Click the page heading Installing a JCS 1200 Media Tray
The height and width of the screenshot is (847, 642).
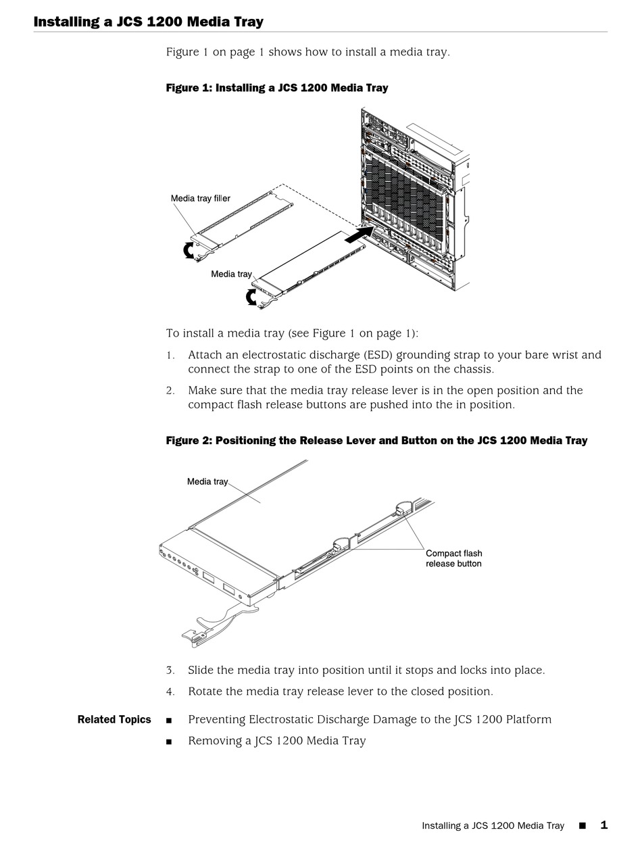pyautogui.click(x=148, y=22)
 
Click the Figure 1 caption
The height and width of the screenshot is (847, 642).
pyautogui.click(x=276, y=88)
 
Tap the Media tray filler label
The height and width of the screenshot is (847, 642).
pyautogui.click(x=200, y=199)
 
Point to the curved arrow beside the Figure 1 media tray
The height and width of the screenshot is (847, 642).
pyautogui.click(x=251, y=297)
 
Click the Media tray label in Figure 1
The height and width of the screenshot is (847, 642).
pyautogui.click(x=230, y=274)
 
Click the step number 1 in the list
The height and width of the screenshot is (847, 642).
pyautogui.click(x=170, y=356)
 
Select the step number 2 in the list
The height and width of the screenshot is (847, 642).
pyautogui.click(x=170, y=391)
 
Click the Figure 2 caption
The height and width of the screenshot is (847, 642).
pyautogui.click(x=376, y=441)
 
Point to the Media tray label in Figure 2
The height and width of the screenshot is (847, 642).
pyautogui.click(x=207, y=482)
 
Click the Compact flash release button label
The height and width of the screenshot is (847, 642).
pyautogui.click(x=453, y=558)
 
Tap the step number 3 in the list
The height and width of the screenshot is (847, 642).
pyautogui.click(x=170, y=671)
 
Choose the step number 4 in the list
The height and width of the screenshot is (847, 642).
pyautogui.click(x=170, y=692)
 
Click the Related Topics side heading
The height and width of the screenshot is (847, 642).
pyautogui.click(x=114, y=719)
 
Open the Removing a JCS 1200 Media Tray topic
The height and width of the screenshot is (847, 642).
pyautogui.click(x=276, y=741)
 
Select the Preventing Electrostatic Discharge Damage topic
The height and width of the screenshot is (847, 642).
pyautogui.click(x=369, y=719)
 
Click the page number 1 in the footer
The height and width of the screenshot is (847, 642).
pyautogui.click(x=603, y=825)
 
